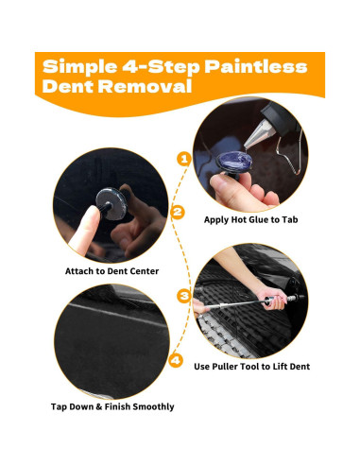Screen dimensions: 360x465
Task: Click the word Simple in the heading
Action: click(79, 67)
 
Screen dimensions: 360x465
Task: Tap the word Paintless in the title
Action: click(256, 67)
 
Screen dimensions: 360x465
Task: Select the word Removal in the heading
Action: click(145, 86)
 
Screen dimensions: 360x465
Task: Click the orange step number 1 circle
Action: click(184, 159)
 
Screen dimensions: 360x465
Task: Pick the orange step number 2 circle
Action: click(178, 212)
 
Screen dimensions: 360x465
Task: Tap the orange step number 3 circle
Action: click(184, 296)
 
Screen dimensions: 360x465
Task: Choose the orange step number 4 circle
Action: click(176, 360)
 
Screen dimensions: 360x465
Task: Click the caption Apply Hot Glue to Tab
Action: click(250, 219)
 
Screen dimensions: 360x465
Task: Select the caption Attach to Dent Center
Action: click(111, 271)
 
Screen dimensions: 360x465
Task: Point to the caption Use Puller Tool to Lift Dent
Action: click(252, 367)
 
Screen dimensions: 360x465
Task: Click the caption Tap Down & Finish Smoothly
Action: click(112, 406)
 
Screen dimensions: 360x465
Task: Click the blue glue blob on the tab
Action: click(234, 160)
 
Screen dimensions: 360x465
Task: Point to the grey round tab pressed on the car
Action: click(111, 203)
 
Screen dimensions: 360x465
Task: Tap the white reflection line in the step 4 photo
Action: click(116, 316)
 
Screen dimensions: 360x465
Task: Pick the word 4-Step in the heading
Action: click(161, 67)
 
